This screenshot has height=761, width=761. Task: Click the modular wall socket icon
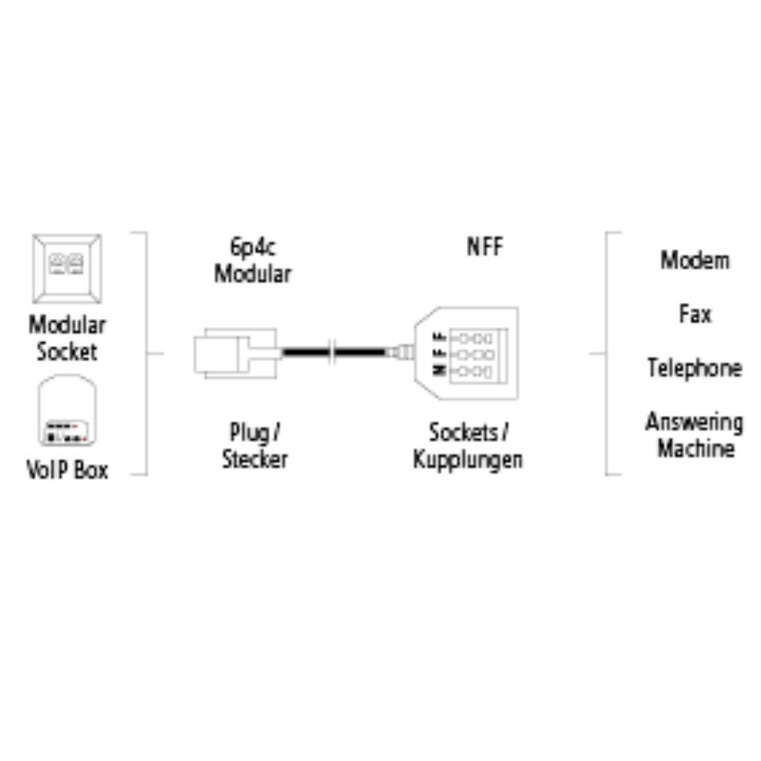pos(66,268)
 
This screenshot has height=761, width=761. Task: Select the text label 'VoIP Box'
pos(67,470)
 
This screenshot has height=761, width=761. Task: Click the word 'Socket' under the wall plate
pos(66,351)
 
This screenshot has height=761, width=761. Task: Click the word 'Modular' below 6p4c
pos(252,273)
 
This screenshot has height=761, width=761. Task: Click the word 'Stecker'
pos(254,459)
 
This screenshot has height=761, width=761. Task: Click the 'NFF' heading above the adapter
pos(484,246)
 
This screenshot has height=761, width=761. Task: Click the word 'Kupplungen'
pos(468,459)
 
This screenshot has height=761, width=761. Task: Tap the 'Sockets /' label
pos(468,433)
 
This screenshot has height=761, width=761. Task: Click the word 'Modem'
pos(695,260)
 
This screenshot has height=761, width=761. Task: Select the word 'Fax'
pos(695,315)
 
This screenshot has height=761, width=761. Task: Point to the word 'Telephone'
pos(695,367)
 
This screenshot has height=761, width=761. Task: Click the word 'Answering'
pos(695,422)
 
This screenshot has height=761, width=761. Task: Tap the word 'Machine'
pos(695,449)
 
